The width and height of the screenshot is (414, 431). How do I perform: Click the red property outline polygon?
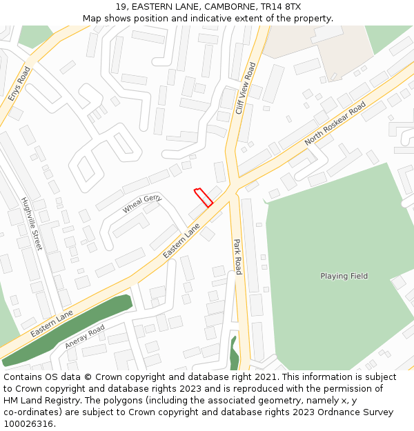pyautogui.click(x=203, y=197)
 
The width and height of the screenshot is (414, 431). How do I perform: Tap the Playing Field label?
pyautogui.click(x=344, y=276)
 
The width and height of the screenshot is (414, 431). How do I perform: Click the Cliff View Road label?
pyautogui.click(x=245, y=88)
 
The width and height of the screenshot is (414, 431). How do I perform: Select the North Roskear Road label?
pyautogui.click(x=335, y=124)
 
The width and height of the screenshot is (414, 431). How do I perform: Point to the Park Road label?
pyautogui.click(x=237, y=257)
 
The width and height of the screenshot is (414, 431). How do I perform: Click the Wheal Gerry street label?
pyautogui.click(x=142, y=203)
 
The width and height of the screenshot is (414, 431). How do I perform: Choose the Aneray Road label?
pyautogui.click(x=84, y=336)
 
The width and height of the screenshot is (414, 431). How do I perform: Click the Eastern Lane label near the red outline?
pyautogui.click(x=181, y=241)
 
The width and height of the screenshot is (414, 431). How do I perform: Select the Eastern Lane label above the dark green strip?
pyautogui.click(x=51, y=323)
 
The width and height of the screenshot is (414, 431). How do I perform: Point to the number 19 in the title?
pyautogui.click(x=121, y=7)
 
